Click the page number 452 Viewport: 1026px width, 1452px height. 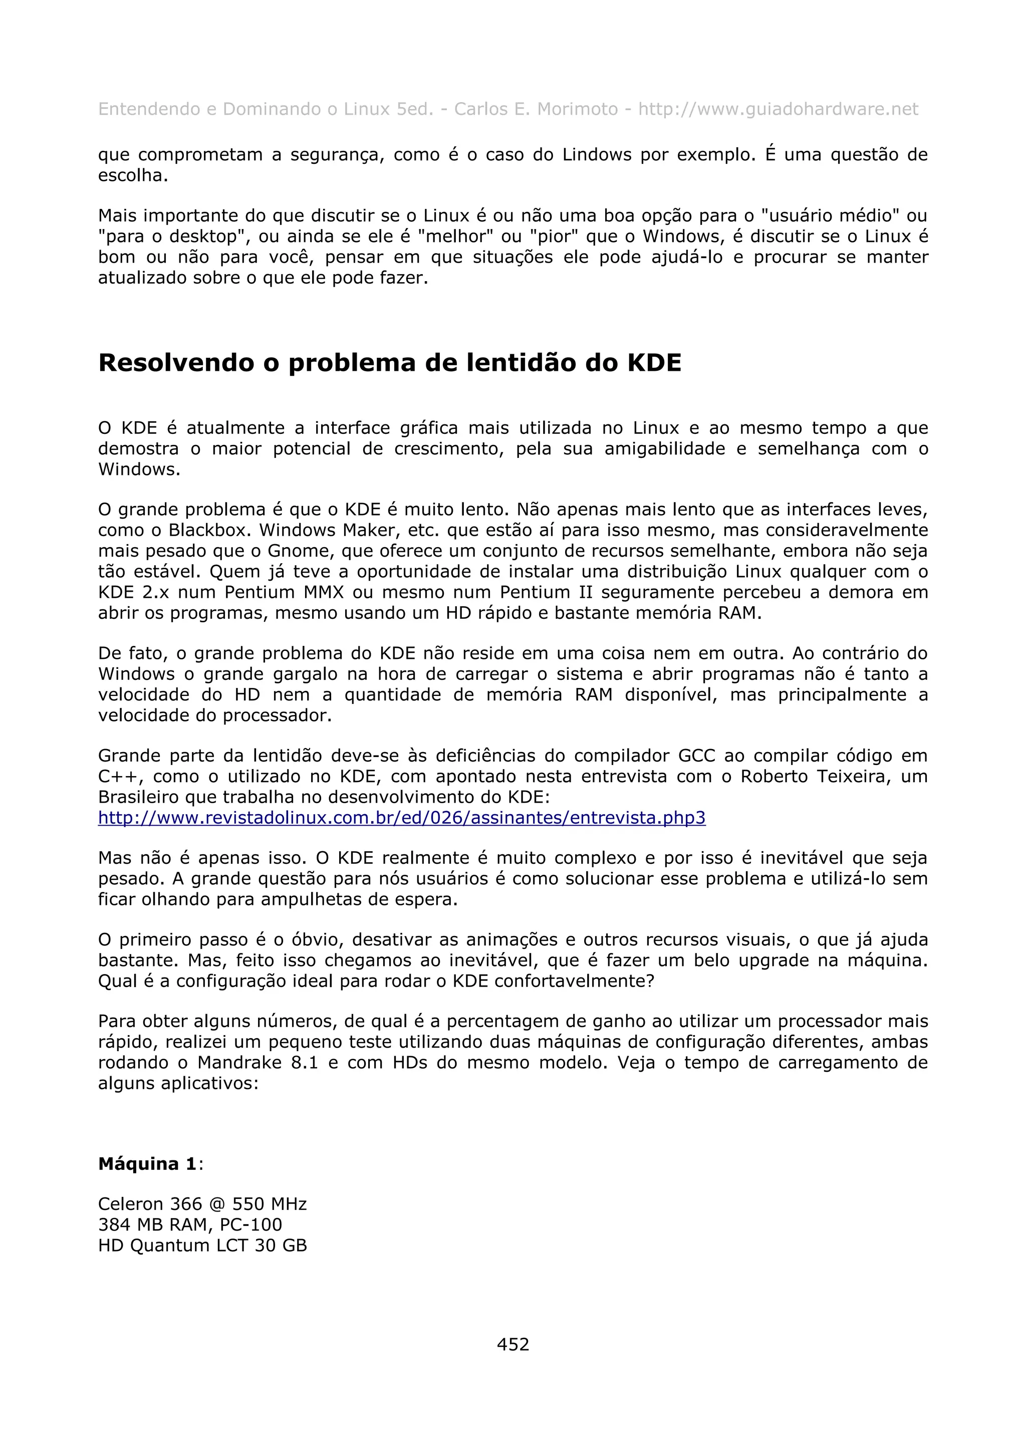512,1344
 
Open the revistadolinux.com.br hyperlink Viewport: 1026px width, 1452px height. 401,818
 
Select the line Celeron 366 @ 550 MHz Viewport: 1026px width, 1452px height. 202,1204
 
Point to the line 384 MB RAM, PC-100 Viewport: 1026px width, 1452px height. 190,1225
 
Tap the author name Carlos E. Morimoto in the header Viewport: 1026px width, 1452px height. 536,109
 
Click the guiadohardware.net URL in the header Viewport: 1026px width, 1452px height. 778,109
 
